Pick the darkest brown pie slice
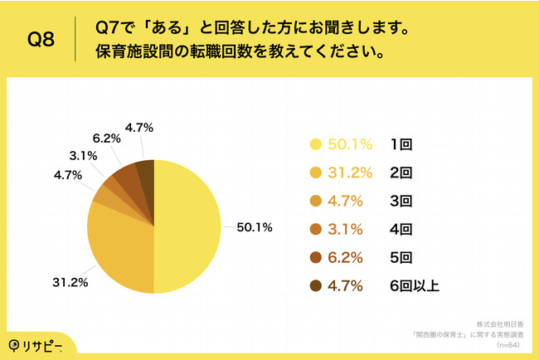tap(145, 172)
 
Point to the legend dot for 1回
tap(315, 144)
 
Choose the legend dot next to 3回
tap(315, 202)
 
